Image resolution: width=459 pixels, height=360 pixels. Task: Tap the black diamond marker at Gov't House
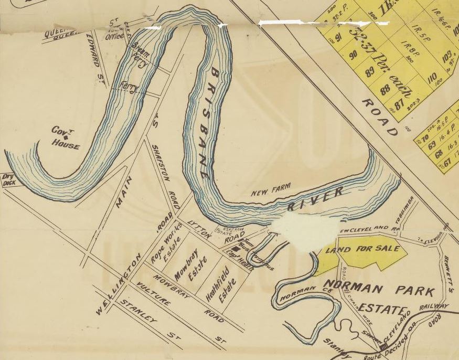[66, 137]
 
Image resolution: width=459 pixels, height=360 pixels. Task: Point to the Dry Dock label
[9, 180]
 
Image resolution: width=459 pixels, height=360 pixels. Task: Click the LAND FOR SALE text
[363, 248]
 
